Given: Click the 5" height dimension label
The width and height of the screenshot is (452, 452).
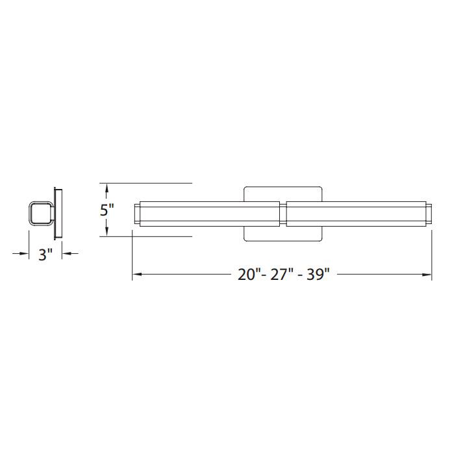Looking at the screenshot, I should (107, 210).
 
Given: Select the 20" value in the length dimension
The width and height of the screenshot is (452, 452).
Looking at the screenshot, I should (248, 274).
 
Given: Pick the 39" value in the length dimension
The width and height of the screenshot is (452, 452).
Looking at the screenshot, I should (317, 274).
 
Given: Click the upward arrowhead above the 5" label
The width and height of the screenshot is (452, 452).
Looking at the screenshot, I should (107, 188).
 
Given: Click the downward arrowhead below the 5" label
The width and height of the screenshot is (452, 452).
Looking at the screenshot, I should (107, 232).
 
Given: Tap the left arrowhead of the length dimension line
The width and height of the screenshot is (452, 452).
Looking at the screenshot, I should (136, 275).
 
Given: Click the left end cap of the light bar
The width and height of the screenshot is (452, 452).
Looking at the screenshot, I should (136, 215).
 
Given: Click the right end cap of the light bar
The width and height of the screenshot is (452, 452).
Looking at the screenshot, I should (428, 215).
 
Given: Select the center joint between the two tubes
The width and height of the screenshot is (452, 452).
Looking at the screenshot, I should (283, 215).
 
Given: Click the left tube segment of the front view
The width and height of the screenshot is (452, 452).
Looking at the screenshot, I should (208, 215).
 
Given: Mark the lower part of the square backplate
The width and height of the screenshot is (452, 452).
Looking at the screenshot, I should (283, 234).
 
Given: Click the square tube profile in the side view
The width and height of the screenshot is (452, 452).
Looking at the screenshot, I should (40, 214).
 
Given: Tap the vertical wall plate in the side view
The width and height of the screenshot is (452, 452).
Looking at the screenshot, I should (58, 214).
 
